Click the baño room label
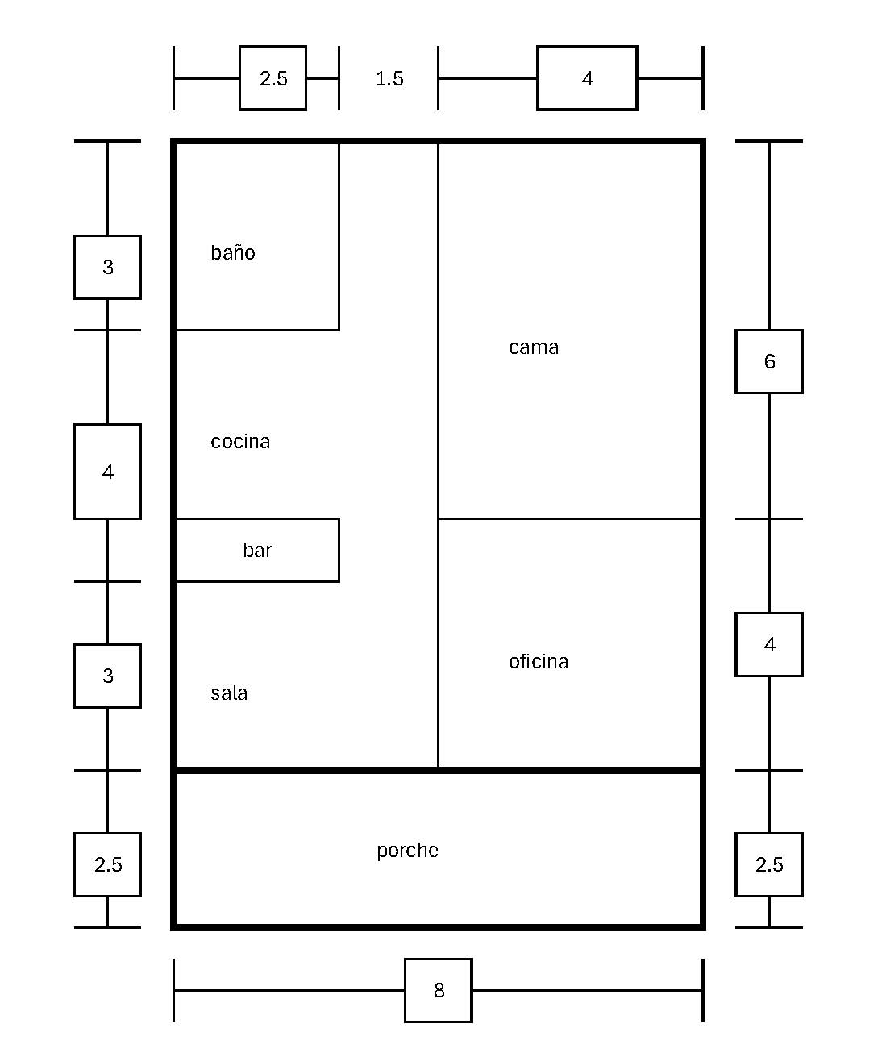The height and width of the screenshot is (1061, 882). point(233,253)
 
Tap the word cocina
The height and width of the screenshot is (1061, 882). point(240,442)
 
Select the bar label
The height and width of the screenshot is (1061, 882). point(257,551)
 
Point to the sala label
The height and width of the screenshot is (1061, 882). point(229,693)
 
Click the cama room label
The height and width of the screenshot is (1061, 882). point(534,347)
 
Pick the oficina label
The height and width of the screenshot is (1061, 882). point(539,662)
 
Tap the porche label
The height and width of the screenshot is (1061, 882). point(408,851)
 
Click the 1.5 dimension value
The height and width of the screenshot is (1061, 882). point(389,79)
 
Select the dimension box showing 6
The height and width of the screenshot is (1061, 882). point(769,362)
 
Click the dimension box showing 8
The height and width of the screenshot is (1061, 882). point(439,990)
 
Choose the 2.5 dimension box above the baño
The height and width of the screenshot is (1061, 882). point(273,78)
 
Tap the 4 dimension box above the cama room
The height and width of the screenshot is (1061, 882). point(588,78)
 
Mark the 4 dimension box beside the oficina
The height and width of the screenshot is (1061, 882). point(769,645)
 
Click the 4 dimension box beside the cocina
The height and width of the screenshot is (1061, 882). point(108,472)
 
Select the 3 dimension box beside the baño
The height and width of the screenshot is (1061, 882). point(108,268)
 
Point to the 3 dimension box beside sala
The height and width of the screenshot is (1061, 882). point(108,676)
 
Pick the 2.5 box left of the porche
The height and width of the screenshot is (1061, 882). point(108,864)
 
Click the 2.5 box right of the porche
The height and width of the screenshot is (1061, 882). point(769,864)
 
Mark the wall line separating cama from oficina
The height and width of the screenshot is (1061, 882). point(569,518)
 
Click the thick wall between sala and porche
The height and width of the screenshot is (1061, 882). point(306,771)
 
